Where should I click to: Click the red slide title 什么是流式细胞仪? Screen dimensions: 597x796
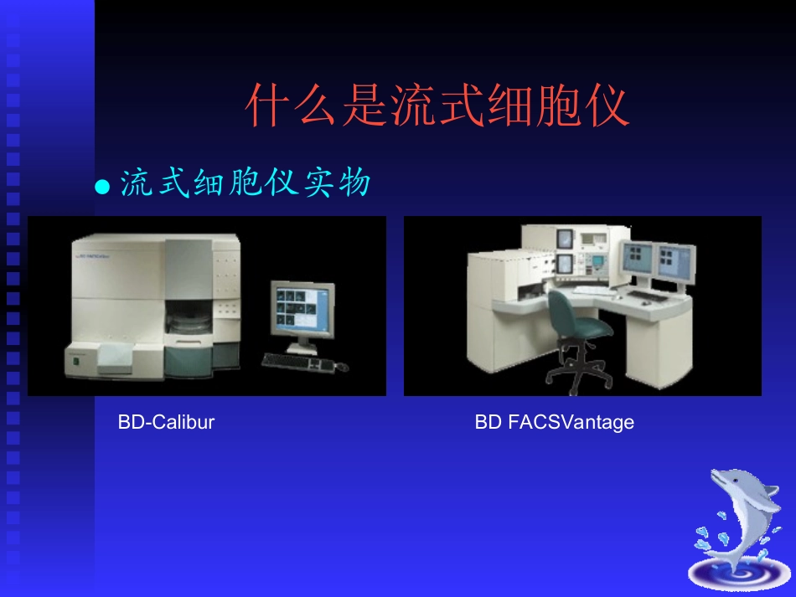437,106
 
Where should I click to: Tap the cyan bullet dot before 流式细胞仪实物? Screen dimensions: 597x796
102,187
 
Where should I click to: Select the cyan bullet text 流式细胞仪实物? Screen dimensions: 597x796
245,183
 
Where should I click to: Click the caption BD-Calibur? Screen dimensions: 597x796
166,422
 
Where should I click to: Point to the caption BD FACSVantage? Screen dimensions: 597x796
554,422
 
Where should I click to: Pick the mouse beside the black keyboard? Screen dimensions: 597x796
341,366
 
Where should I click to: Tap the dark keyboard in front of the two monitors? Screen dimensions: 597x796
648,296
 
